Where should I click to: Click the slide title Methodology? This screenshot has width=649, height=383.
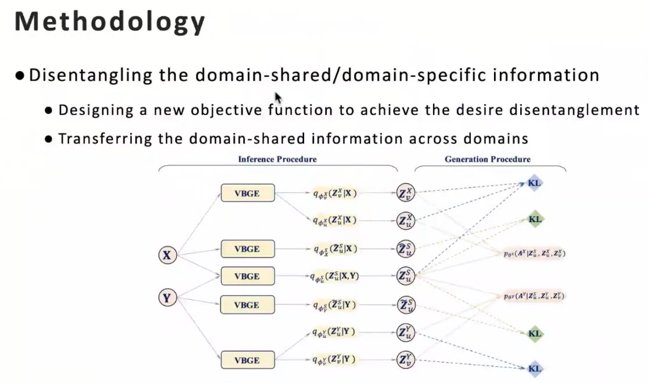point(110,22)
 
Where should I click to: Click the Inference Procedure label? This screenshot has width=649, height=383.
point(277,159)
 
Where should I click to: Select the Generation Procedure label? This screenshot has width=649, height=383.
point(488,159)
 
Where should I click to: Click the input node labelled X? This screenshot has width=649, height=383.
point(167,255)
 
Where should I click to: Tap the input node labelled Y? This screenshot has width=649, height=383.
point(167,298)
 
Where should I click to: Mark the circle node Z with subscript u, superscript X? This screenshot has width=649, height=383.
point(406,220)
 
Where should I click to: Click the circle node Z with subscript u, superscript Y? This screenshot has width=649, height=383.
point(406,332)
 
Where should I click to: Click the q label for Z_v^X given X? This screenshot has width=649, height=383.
point(334,192)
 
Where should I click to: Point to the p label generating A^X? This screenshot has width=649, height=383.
point(535,253)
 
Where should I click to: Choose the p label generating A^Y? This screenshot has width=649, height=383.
point(534,296)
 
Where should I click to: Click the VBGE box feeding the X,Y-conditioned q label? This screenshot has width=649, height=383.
point(247,276)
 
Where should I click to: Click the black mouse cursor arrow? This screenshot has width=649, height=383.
point(278,98)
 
